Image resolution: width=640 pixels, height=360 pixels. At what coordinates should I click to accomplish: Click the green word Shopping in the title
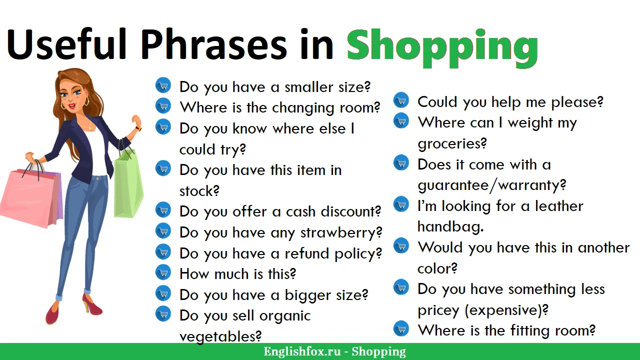[442, 48]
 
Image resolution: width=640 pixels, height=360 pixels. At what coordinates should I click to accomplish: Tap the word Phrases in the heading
[213, 44]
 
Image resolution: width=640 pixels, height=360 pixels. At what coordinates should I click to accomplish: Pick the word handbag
[450, 226]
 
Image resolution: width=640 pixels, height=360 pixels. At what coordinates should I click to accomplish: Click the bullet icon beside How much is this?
[163, 272]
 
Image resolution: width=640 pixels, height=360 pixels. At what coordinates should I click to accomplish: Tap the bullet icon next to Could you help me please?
[401, 100]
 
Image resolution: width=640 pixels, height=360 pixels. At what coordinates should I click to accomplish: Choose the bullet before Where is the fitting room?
[401, 328]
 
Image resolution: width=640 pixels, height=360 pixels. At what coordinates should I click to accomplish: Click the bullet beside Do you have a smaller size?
[163, 85]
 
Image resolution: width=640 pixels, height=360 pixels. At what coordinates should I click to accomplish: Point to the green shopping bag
[128, 183]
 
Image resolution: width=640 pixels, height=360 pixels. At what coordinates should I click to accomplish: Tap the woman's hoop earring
[86, 101]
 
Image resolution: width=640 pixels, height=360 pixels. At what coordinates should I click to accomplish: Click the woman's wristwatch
[139, 128]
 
